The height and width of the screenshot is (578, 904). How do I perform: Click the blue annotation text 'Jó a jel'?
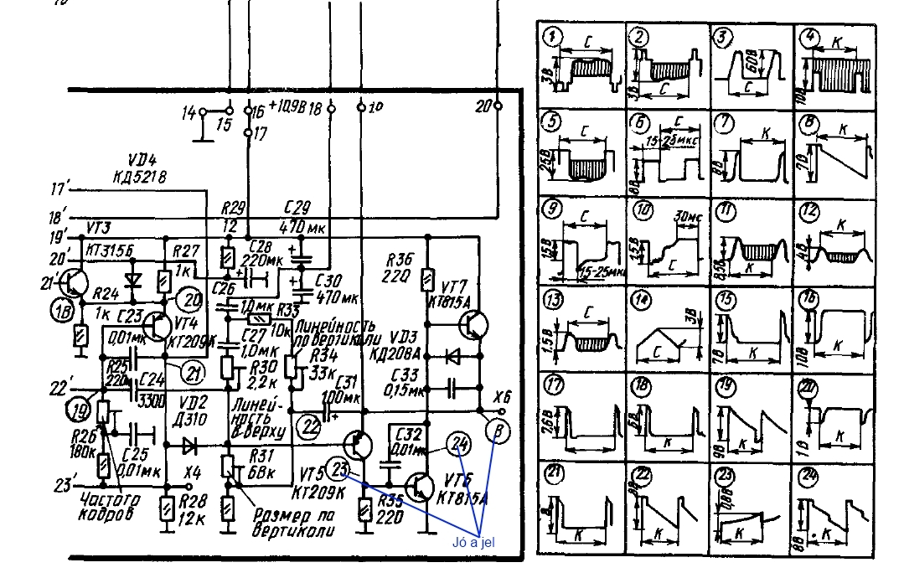pos(473,542)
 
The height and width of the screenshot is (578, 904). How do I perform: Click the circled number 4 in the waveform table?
pos(809,38)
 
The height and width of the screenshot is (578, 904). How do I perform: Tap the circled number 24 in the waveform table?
pos(808,472)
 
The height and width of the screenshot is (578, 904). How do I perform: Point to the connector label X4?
pos(194,471)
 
